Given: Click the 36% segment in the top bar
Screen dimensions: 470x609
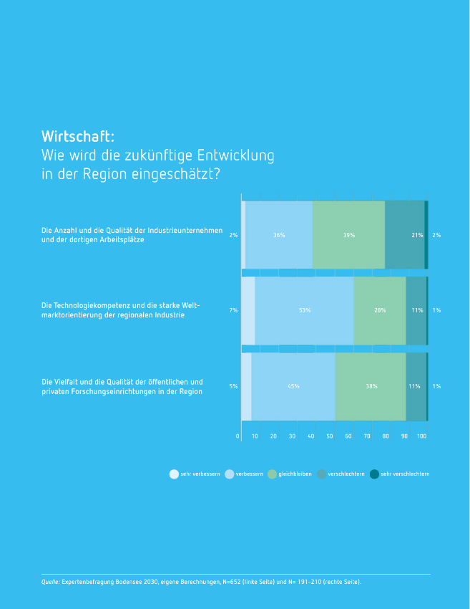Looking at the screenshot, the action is (x=279, y=234).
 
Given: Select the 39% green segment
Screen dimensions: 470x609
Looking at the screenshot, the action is (x=348, y=234).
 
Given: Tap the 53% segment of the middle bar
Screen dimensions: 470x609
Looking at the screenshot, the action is (x=305, y=310).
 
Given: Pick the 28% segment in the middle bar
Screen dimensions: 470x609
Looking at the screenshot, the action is (x=380, y=310).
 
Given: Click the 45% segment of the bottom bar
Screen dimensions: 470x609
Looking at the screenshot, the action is (x=293, y=386).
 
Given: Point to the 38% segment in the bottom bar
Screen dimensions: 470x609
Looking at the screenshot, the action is (x=371, y=386).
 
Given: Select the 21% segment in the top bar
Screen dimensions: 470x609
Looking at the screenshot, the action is (x=405, y=234).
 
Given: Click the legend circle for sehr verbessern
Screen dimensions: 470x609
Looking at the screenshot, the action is (x=174, y=474).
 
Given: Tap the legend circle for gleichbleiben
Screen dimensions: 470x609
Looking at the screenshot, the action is (x=273, y=474).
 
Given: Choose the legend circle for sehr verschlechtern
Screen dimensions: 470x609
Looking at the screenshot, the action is (x=374, y=474).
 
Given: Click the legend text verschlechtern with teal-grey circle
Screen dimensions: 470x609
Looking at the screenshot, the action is (x=346, y=474).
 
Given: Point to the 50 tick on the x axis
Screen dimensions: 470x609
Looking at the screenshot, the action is (x=330, y=436).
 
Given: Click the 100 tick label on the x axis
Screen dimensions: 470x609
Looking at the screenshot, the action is (x=421, y=436).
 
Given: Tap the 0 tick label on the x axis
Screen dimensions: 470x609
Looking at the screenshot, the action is (x=238, y=436).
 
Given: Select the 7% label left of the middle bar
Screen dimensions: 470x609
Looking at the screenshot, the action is (x=233, y=310).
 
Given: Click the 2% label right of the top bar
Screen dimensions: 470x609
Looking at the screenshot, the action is (x=436, y=235).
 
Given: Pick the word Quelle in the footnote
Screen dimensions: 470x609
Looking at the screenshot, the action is (x=51, y=582).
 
